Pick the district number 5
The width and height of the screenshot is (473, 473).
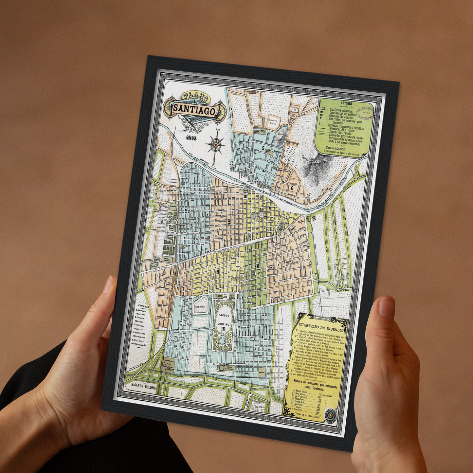point(264,148)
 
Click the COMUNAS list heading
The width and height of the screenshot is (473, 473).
point(143,306)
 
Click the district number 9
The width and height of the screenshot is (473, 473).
point(218,271)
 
